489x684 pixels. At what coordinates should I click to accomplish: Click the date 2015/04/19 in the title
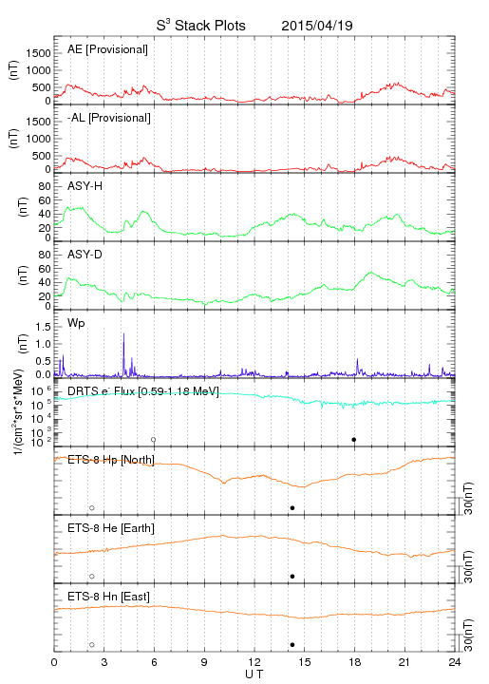tap(317, 26)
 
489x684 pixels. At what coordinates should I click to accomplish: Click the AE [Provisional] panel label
tap(107, 49)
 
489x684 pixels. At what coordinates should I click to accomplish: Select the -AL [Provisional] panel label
tap(109, 118)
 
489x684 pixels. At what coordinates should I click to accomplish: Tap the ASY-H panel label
tap(85, 186)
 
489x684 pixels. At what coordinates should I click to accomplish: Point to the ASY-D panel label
tap(85, 255)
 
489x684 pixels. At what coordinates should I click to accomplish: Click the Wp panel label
tap(76, 323)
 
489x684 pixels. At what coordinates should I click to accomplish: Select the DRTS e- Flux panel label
tap(143, 390)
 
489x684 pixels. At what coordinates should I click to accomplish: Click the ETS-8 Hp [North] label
tap(111, 460)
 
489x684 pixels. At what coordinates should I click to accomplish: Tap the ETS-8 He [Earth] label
tap(111, 528)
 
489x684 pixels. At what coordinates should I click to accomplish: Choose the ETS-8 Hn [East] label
tap(108, 597)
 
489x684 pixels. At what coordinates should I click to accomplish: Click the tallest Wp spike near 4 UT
tap(123, 334)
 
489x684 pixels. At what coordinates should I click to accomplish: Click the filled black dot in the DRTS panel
tap(354, 440)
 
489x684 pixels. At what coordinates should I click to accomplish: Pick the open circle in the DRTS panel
tap(154, 440)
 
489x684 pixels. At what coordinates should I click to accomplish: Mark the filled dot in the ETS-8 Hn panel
tap(292, 645)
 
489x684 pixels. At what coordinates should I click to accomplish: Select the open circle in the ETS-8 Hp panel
tap(92, 508)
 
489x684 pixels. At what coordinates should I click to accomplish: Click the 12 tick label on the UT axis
tap(254, 662)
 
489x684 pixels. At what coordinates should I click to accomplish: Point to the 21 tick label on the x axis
tap(404, 662)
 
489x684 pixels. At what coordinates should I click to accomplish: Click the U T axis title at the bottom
tap(254, 674)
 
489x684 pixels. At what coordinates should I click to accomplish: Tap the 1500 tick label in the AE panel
tap(38, 53)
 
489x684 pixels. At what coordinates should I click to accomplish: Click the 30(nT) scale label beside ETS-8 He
tap(468, 567)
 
